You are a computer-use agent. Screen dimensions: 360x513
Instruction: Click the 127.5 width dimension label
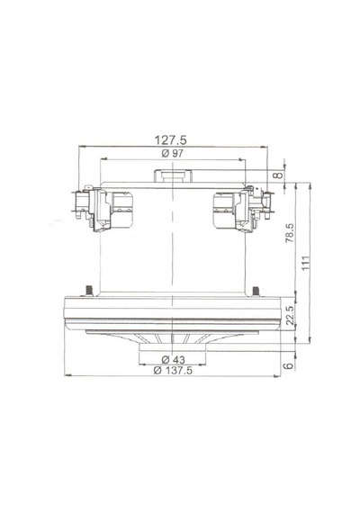coord(170,140)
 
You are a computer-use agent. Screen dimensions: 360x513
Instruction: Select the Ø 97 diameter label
coord(173,153)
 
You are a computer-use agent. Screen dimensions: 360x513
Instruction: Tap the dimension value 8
coord(278,175)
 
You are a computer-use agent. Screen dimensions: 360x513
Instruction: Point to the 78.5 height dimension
coord(290,233)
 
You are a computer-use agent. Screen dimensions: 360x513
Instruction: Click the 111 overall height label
coord(305,263)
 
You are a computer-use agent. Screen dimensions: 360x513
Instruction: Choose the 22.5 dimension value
coord(290,315)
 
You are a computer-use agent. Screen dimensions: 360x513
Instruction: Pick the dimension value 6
coord(288,365)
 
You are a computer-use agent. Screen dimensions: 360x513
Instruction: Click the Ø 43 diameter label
coord(173,360)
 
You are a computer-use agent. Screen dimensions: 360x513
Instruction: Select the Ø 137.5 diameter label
coord(173,371)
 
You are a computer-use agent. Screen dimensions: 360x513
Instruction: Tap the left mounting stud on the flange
coord(88,291)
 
